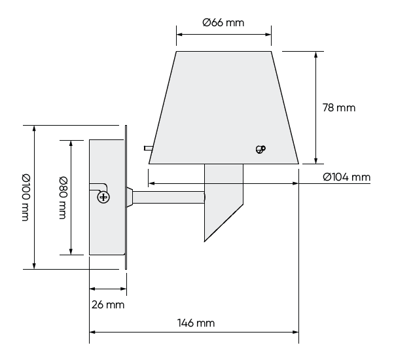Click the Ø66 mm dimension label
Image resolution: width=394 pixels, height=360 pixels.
223,23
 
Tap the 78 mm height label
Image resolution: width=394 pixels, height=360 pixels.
339,107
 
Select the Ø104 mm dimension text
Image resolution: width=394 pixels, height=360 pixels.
346,177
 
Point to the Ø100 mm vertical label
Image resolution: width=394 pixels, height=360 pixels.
25,196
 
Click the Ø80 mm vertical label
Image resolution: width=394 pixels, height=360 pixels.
62,197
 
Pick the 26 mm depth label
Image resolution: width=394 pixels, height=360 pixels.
107,304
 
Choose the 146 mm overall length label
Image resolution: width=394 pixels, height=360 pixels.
196,323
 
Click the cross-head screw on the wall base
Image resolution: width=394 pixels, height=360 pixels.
103,196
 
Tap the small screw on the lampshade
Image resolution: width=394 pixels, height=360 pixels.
260,149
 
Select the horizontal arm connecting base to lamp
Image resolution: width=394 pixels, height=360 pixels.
169,196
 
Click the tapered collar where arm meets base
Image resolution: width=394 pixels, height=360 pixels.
130,196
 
